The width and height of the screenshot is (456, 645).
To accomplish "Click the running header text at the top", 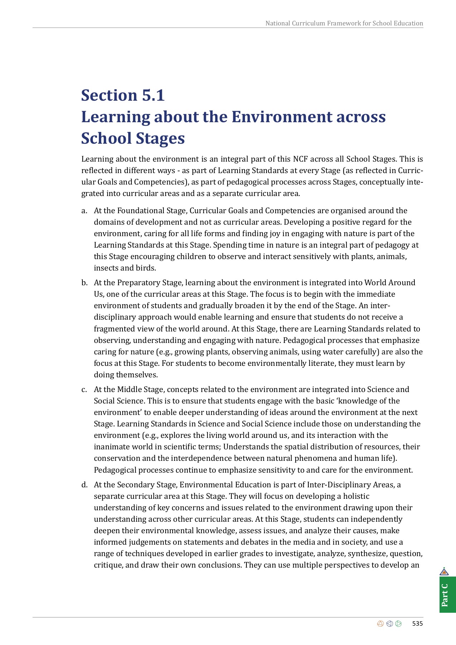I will click(x=344, y=23).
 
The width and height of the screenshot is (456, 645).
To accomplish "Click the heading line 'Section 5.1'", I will click(x=123, y=95).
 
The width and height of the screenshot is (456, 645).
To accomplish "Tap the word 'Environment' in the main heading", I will click(x=282, y=117).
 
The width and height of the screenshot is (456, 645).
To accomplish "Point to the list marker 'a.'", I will click(x=84, y=211).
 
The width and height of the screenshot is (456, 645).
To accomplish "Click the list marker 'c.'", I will click(x=84, y=390).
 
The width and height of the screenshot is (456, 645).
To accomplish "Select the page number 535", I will click(x=417, y=624).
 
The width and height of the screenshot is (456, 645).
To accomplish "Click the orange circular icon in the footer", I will click(x=380, y=624).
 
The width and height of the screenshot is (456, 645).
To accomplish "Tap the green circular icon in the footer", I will click(x=398, y=624).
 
